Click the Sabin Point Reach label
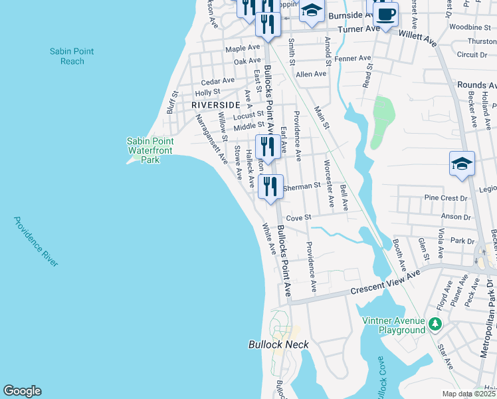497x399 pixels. tap(72, 57)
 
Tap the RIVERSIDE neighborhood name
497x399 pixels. tap(215, 105)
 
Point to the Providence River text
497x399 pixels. tap(36, 241)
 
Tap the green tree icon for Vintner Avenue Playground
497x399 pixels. tap(435, 324)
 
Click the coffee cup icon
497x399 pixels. tap(386, 13)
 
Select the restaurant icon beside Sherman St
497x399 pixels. tap(270, 186)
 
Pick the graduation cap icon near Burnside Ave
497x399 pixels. tap(312, 11)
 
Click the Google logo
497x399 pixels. tap(22, 391)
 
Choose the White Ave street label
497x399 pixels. tap(268, 239)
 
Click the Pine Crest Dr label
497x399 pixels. tap(441, 198)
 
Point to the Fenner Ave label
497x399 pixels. tap(355, 59)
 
